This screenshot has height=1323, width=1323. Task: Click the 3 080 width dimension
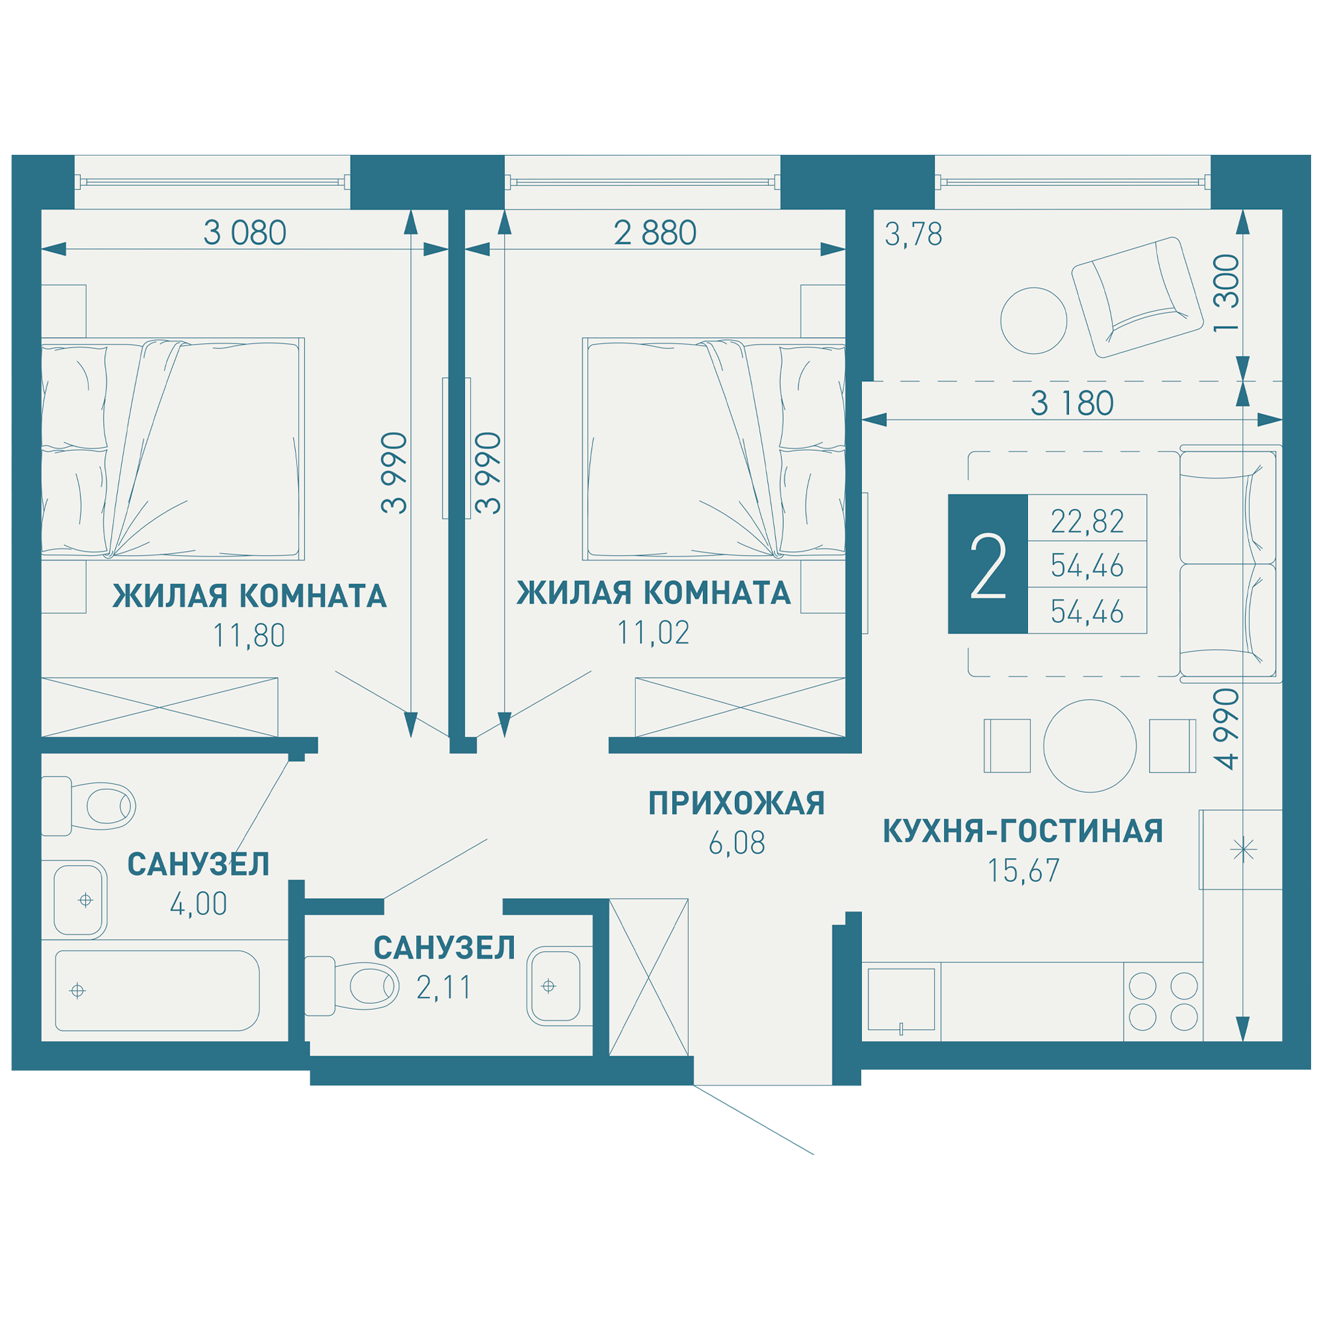(245, 233)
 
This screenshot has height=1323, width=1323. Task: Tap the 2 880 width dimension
(656, 233)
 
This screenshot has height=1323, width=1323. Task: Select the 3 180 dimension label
(1072, 404)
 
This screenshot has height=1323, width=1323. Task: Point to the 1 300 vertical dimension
(1226, 293)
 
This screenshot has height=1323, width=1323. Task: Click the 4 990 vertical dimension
(1226, 729)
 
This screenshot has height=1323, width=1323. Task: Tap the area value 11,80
(249, 636)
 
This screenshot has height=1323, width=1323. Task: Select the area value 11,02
(654, 633)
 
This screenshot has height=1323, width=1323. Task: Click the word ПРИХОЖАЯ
(737, 803)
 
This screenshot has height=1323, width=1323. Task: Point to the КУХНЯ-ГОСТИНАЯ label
(1023, 831)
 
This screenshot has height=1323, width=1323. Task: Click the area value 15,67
(1023, 871)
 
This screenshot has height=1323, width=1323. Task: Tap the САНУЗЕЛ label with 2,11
(445, 948)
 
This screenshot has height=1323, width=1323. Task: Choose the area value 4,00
(198, 904)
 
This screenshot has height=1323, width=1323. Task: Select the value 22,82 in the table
(1088, 521)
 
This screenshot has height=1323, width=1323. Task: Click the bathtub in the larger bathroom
(157, 991)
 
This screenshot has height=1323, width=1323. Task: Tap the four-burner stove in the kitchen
(1164, 1002)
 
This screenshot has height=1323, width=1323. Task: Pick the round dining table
(1090, 746)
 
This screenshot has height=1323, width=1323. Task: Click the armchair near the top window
(1137, 298)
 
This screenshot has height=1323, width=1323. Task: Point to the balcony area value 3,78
(914, 235)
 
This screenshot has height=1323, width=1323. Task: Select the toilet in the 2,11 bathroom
(352, 986)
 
